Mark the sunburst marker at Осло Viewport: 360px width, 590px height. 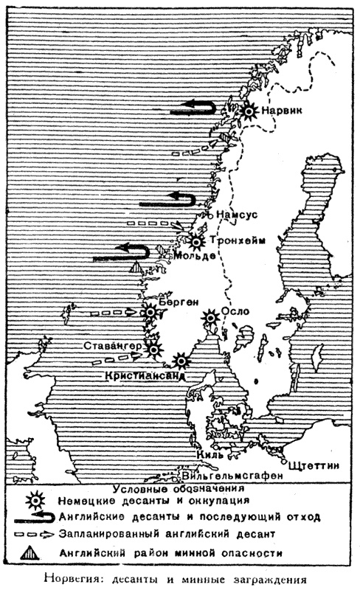[x=211, y=316]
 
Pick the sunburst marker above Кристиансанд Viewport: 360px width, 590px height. [x=179, y=361]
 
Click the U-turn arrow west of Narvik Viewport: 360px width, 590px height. [x=193, y=109]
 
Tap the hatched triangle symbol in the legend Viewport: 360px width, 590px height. [x=32, y=550]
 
